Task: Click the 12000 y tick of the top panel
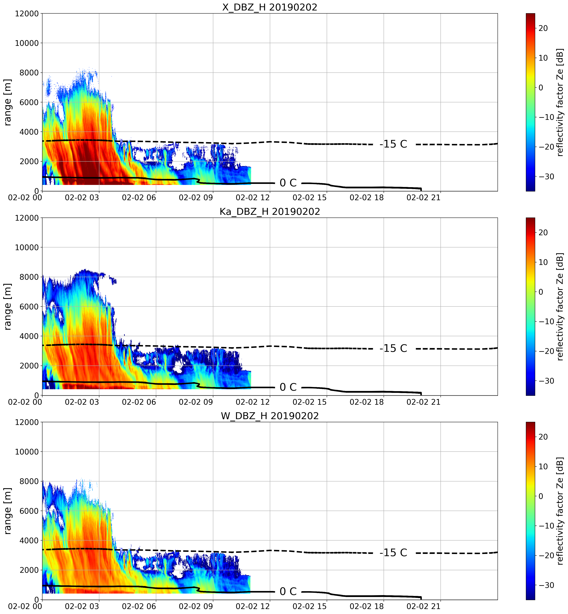(27, 14)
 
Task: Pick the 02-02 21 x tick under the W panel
(423, 606)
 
